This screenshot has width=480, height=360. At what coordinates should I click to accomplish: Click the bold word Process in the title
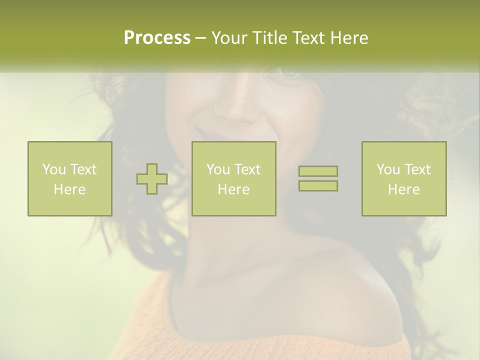[157, 38]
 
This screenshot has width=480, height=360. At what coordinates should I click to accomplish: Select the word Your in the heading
[231, 38]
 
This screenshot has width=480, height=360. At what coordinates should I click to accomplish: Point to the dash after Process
[200, 38]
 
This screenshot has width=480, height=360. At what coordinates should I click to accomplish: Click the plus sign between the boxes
[152, 179]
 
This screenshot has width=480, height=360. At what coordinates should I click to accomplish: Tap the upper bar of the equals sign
[318, 171]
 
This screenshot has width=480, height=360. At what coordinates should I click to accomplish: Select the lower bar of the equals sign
[318, 186]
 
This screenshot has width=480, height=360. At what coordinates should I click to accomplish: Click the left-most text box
[69, 178]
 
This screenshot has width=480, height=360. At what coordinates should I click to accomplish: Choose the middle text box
[233, 178]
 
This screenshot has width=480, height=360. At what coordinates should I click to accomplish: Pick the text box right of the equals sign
[403, 178]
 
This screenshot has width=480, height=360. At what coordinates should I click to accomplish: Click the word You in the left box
[53, 169]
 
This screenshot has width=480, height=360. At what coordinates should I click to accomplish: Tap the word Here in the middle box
[233, 189]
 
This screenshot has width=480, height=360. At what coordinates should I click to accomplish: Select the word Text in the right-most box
[417, 169]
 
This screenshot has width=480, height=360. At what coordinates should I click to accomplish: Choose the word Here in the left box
[69, 189]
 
